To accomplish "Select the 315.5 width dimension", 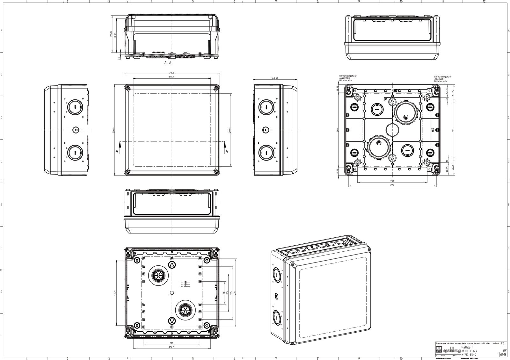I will pyautogui.click(x=171, y=73).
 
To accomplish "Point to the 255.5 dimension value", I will pyautogui.click(x=171, y=77).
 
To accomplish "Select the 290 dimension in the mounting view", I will pyautogui.click(x=392, y=185).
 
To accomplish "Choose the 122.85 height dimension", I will pyautogui.click(x=111, y=34).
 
